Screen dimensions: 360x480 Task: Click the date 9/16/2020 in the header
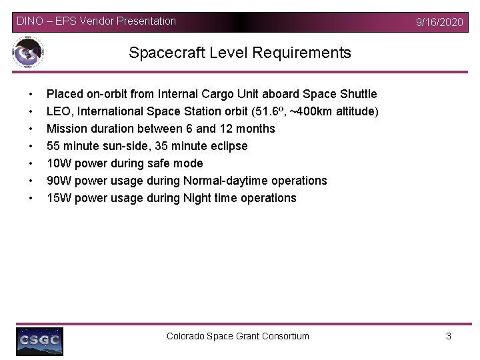439,22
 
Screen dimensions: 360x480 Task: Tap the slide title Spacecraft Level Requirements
240,53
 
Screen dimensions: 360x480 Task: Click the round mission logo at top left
28,52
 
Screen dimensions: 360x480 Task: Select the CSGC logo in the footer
40,341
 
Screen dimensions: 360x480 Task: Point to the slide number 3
449,336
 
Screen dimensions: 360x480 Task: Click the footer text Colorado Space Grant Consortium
238,336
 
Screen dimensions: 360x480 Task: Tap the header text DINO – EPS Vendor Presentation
96,21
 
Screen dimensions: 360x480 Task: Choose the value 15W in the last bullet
58,198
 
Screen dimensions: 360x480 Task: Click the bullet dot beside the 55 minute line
31,146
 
